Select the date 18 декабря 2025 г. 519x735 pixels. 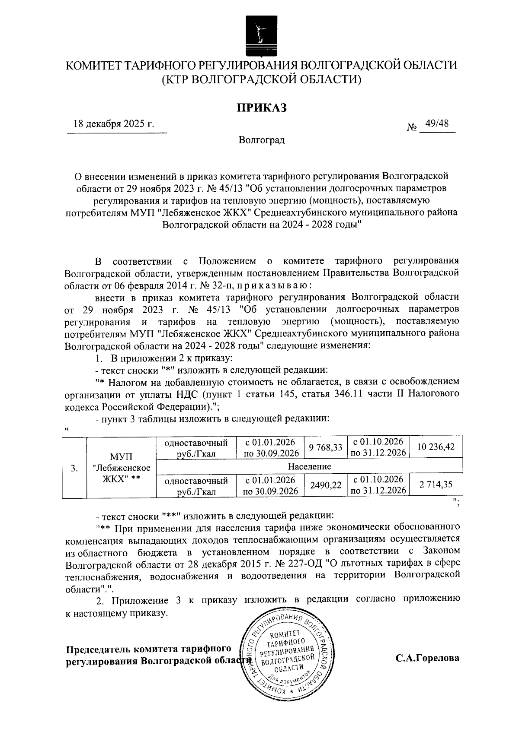click(114, 124)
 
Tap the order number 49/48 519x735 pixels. click(436, 124)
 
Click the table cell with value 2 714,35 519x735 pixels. click(436, 485)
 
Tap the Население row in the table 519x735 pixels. click(309, 466)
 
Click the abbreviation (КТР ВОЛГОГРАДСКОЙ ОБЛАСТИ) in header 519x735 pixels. click(261, 79)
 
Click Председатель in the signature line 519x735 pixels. click(99, 649)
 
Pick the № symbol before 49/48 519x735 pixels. click(412, 127)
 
